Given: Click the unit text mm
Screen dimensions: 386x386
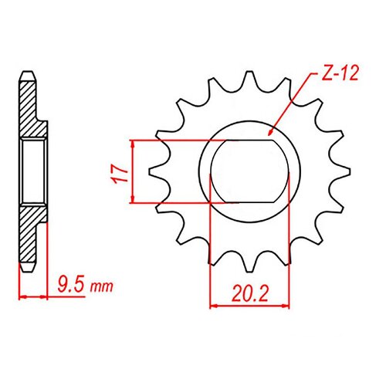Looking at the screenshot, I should pos(101,288).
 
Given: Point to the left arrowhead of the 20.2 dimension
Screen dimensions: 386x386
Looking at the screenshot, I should pos(215,306).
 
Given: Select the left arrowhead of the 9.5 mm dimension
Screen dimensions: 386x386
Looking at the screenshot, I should pos(22,296).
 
